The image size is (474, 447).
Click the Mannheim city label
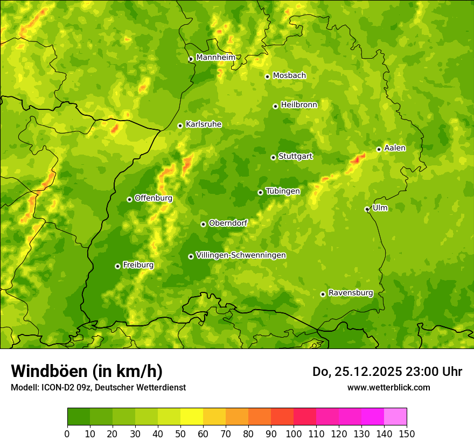pos(215,58)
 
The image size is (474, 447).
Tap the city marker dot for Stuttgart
pos(273,157)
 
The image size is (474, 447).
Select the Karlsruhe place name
pos(203,124)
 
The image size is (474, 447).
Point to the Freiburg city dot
pos(117,266)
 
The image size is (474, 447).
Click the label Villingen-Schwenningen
pos(241,255)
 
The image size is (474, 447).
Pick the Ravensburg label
pos(350,293)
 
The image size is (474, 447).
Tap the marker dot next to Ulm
pos(367,209)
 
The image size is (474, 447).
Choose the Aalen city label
pos(395,148)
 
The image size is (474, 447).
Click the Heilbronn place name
pos(299,105)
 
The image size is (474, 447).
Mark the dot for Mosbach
pos(267,76)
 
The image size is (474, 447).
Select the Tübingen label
pos(282,191)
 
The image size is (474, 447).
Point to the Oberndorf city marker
pos(203,224)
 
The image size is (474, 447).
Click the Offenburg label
pos(153,198)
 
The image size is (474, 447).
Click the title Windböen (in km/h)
pos(87,371)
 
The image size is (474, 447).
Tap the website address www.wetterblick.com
pos(388,387)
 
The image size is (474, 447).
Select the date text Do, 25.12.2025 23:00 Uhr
pos(387,372)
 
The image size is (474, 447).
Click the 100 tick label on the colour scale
pos(294,434)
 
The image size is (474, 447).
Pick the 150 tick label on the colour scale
pos(407,434)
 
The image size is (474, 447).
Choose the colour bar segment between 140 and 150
pos(395,417)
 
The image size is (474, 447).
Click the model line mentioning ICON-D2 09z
pos(98,388)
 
